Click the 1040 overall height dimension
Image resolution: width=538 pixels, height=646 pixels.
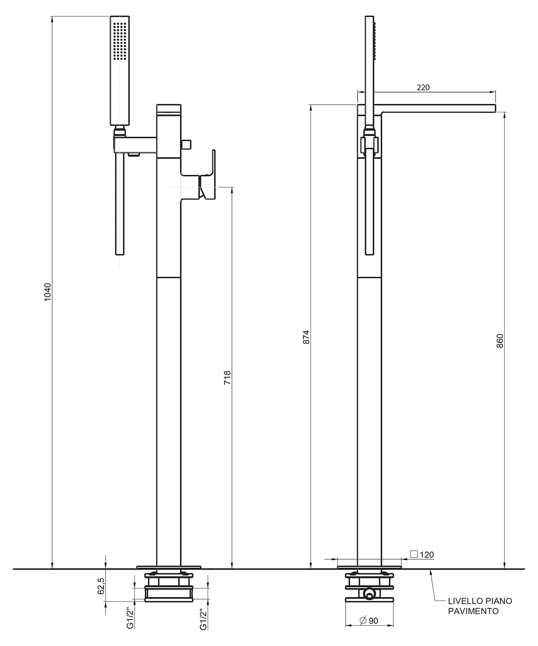[x=47, y=292]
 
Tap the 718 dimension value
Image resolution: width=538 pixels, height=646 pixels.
[x=227, y=378]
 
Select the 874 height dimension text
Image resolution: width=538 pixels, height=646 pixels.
[x=306, y=337]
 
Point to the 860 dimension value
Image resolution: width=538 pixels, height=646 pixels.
[x=500, y=341]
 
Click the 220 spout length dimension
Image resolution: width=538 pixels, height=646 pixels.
[x=423, y=88]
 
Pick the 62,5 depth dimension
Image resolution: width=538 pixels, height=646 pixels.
[x=101, y=586]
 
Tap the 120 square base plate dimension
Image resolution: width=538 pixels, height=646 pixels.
[x=427, y=555]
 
